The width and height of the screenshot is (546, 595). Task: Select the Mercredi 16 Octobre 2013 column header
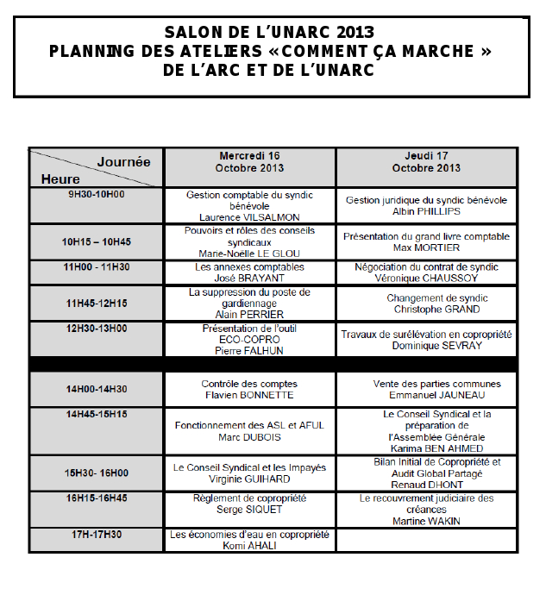tap(249, 162)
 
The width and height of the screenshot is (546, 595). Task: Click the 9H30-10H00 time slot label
tap(97, 194)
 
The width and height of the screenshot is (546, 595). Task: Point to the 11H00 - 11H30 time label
tap(97, 267)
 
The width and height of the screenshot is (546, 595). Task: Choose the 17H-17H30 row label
tap(97, 535)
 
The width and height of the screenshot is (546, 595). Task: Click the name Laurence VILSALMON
tap(249, 217)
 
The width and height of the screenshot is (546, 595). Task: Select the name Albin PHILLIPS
tap(426, 211)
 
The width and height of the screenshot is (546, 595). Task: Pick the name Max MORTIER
tap(426, 247)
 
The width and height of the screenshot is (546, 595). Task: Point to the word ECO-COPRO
tap(249, 340)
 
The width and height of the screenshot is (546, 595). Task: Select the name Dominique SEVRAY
tap(426, 346)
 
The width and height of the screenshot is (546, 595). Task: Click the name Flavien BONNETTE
tap(249, 395)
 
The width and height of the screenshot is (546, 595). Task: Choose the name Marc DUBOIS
tap(249, 437)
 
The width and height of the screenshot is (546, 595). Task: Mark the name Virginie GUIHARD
tap(249, 479)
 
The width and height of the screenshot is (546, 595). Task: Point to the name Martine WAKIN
tap(426, 521)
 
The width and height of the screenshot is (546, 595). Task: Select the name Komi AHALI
tap(249, 546)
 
